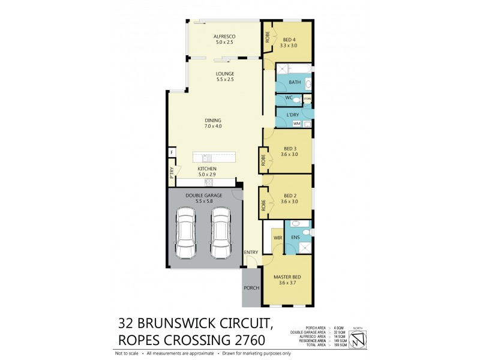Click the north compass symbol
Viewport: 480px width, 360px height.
(x=358, y=340)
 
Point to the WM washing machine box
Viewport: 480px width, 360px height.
(x=296, y=124)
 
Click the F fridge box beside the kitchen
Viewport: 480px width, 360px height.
(x=171, y=152)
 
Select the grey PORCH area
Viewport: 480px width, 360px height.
(x=251, y=287)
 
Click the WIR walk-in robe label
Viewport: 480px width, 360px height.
(x=278, y=238)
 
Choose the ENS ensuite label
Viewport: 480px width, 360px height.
(x=295, y=238)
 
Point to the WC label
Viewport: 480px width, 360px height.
(x=289, y=98)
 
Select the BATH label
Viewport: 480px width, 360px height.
(x=294, y=82)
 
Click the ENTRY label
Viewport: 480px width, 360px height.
(x=251, y=253)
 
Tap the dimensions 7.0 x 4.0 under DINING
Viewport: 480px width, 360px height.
(x=213, y=126)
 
